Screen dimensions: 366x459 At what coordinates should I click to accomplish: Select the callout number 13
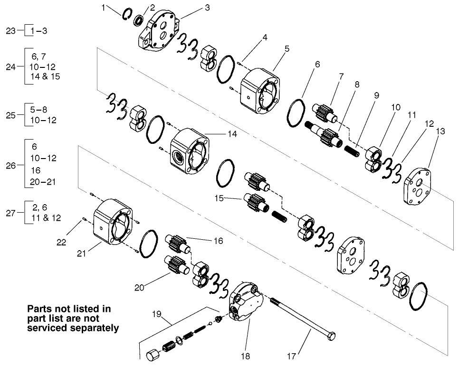[440, 131]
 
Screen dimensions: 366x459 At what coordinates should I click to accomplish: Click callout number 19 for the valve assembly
[157, 314]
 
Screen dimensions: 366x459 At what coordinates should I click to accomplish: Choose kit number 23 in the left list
[11, 31]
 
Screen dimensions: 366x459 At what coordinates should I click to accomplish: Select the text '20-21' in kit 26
[44, 182]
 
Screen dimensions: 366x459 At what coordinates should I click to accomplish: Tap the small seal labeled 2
[139, 20]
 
